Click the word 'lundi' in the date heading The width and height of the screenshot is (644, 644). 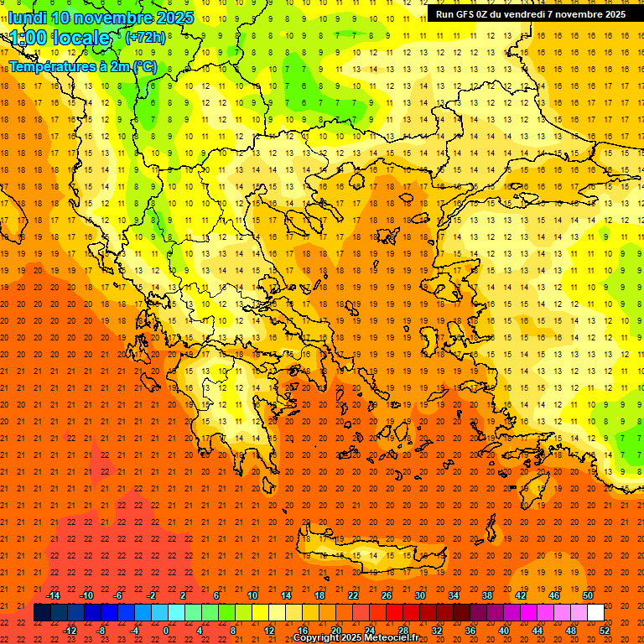tap(27, 18)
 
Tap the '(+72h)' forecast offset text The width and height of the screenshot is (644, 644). tap(145, 38)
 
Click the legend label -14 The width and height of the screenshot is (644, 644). tap(54, 595)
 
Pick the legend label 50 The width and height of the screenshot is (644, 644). tap(588, 595)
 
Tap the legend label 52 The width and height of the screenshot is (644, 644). tap(605, 631)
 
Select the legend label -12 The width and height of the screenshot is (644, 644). tap(70, 631)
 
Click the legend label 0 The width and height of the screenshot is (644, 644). tap(166, 631)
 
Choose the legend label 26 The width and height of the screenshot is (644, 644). tap(387, 595)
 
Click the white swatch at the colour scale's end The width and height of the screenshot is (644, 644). tap(595, 613)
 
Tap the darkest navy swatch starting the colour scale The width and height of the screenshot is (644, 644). tap(42, 613)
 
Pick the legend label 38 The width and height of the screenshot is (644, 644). tap(487, 595)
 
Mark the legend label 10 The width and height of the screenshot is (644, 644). tap(252, 595)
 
